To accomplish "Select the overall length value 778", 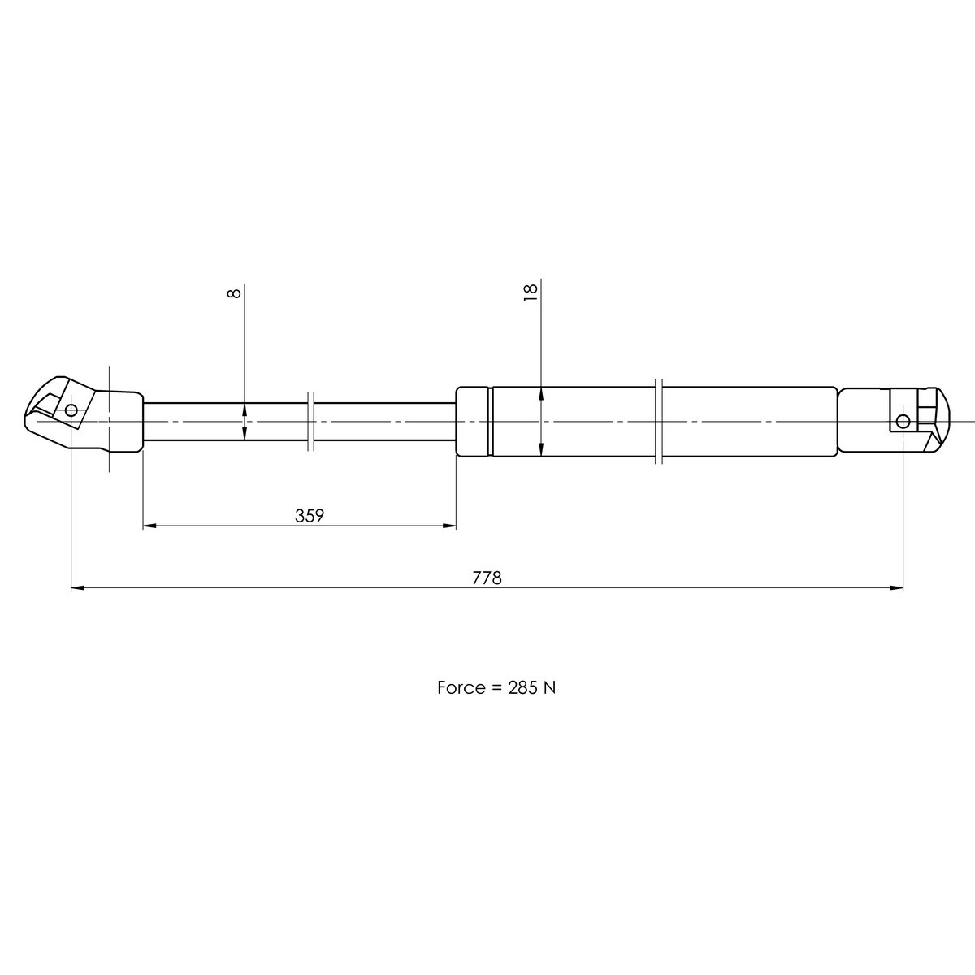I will pyautogui.click(x=487, y=578).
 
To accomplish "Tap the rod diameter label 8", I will pyautogui.click(x=235, y=292).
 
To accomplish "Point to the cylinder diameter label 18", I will pyautogui.click(x=531, y=292).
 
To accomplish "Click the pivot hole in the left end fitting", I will pyautogui.click(x=71, y=410).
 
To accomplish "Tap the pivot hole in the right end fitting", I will pyautogui.click(x=903, y=420).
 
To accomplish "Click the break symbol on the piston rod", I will pyautogui.click(x=311, y=422).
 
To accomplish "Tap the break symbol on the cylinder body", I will pyautogui.click(x=659, y=422).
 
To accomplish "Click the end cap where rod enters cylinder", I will pyautogui.click(x=474, y=422).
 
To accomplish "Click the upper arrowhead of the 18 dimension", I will pyautogui.click(x=541, y=393).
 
